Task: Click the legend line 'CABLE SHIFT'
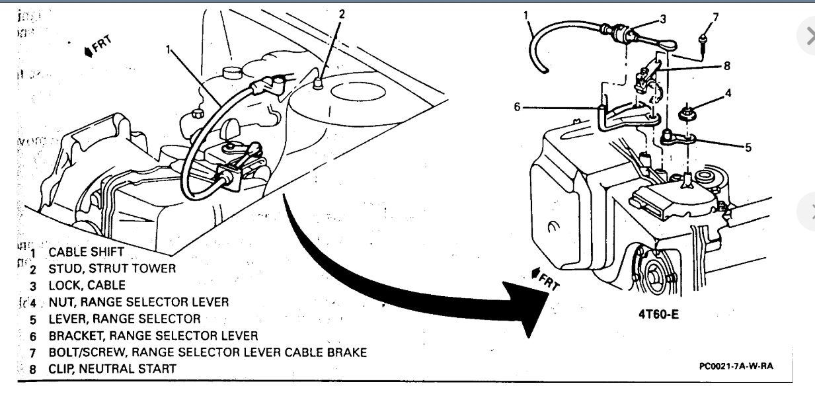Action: point(86,251)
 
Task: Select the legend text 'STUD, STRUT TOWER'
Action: point(112,268)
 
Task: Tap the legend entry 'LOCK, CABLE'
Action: point(87,286)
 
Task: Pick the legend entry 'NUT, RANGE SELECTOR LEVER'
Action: point(138,302)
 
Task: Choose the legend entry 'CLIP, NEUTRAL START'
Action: point(112,368)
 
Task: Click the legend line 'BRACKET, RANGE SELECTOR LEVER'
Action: point(153,336)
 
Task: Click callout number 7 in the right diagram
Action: point(715,17)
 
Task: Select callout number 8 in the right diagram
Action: point(727,66)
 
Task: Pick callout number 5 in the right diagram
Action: point(748,147)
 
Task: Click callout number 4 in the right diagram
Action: point(728,93)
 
